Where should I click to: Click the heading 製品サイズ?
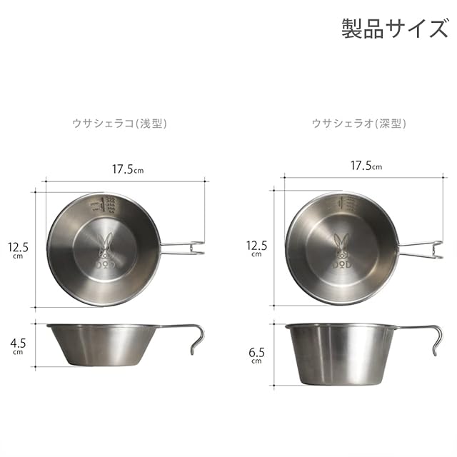click(x=395, y=29)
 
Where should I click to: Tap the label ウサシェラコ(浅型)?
click(x=119, y=124)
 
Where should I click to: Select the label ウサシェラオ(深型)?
click(x=358, y=124)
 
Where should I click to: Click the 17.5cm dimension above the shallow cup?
click(x=128, y=169)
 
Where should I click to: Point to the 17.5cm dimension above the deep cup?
click(x=366, y=166)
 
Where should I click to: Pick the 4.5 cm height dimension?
click(x=18, y=346)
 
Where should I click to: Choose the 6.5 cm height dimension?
click(x=256, y=356)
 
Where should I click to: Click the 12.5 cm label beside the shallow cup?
click(x=18, y=250)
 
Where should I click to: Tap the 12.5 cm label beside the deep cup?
click(x=256, y=248)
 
